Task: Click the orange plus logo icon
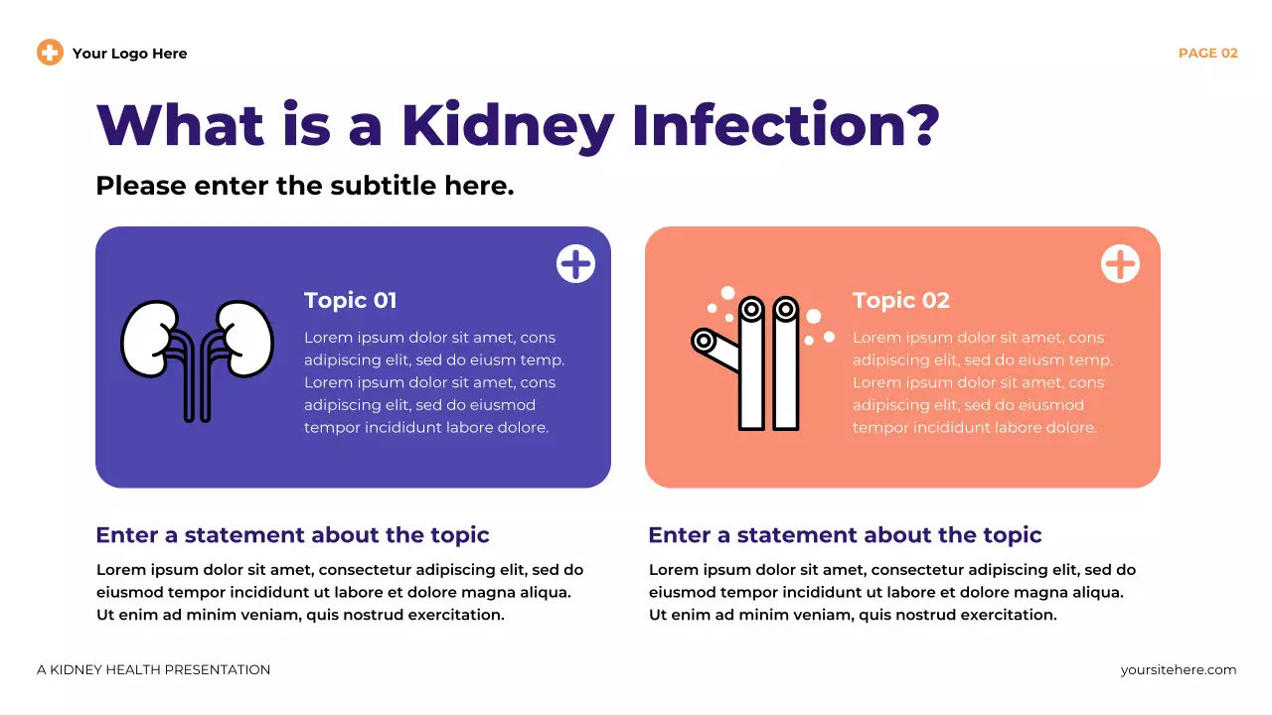tap(50, 53)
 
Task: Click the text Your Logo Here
tap(129, 54)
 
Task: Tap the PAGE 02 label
tap(1207, 54)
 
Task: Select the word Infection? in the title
tap(785, 126)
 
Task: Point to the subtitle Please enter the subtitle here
tap(304, 186)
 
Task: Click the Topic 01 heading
tap(350, 300)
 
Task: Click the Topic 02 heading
tap(900, 300)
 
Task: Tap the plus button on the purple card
tap(575, 264)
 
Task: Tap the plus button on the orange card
tap(1120, 264)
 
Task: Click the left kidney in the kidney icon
tap(149, 339)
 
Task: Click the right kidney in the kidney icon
tap(245, 339)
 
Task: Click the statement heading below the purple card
tap(292, 535)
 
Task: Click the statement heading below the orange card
tap(845, 535)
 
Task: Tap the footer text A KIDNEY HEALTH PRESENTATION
tap(153, 670)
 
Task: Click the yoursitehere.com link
tap(1178, 670)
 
